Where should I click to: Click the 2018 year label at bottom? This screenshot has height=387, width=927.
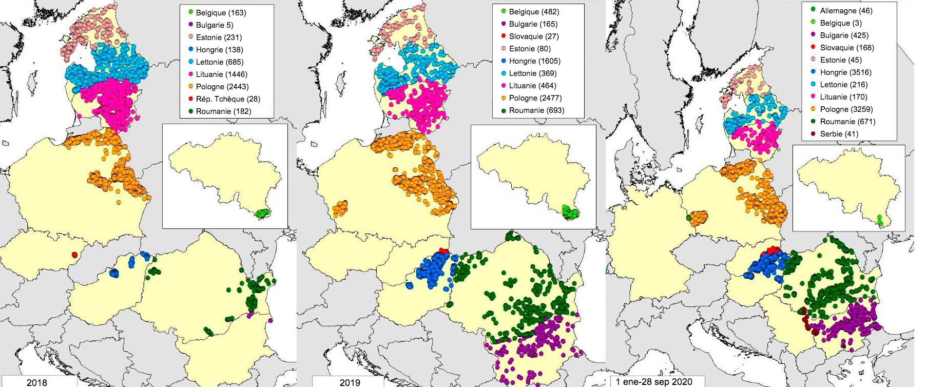click(36, 382)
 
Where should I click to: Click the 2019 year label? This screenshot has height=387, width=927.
click(350, 382)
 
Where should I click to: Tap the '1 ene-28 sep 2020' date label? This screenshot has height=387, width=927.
click(653, 382)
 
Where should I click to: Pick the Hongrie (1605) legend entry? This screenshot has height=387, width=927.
click(534, 61)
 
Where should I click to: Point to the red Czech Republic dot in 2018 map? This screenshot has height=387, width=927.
click(75, 255)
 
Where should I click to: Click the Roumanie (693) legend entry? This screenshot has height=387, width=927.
click(536, 110)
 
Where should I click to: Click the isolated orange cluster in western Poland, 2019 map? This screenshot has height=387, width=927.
click(339, 208)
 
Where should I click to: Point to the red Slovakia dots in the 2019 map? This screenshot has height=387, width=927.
click(444, 250)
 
